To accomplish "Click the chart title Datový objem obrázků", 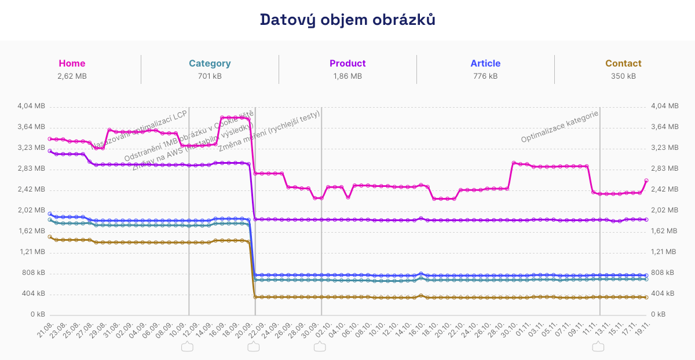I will point(348,20).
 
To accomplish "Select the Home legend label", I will point(72,64).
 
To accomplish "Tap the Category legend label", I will point(210,64).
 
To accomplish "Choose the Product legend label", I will point(348,64).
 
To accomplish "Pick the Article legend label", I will point(485,64).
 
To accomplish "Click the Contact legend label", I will point(623,64).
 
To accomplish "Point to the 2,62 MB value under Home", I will point(72,76).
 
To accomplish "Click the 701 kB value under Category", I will point(210,76).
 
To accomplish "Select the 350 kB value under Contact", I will point(623,76).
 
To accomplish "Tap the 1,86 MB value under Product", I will point(348,76).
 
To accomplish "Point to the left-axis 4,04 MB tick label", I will point(32,106).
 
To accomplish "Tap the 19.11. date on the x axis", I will point(642,332).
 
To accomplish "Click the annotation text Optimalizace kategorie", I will point(559,127).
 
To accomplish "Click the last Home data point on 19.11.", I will point(646,181).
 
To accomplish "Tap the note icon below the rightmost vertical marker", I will point(598,347).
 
